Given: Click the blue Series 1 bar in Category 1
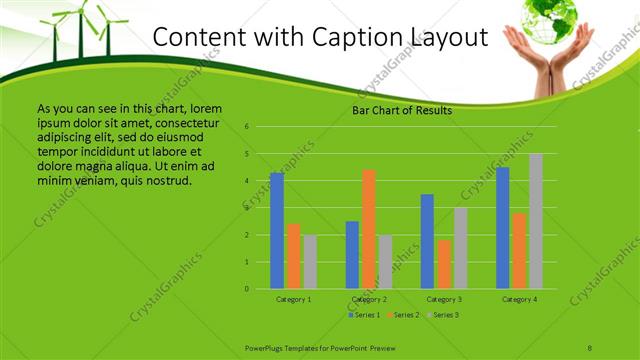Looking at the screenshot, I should tap(277, 231).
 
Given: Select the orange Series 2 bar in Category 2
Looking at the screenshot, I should tap(368, 229).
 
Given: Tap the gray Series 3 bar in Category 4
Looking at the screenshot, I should tap(536, 221).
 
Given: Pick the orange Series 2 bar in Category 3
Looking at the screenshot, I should tap(443, 264).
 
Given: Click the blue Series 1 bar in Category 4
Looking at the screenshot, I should tap(503, 228).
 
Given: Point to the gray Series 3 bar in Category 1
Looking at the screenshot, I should tap(310, 262).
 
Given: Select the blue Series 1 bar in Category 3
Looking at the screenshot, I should tap(427, 241).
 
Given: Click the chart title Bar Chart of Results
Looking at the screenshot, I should tap(402, 110).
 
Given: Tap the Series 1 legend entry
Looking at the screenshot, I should tap(363, 315).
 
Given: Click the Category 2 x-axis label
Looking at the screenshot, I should tap(369, 299).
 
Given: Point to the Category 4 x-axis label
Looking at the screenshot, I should tap(519, 299).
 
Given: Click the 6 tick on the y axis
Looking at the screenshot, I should tap(246, 127).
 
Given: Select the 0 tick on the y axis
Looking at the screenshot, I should tap(246, 289).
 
